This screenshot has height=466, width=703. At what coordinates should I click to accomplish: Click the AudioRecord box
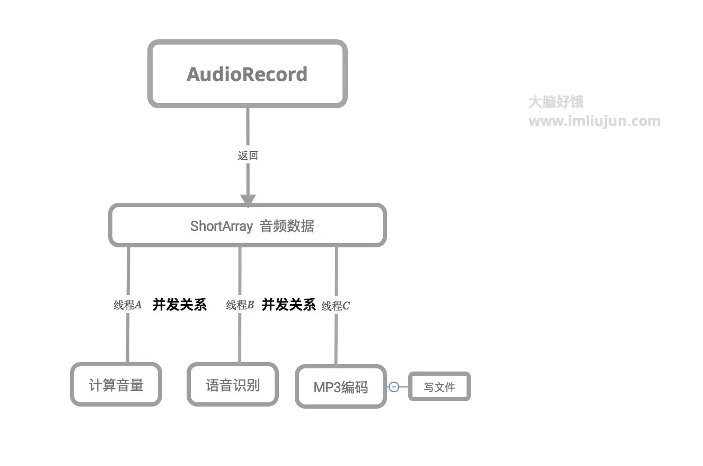point(247,74)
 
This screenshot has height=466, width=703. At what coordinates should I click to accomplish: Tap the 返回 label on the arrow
point(248,156)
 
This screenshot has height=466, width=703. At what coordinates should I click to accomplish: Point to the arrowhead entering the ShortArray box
point(248,200)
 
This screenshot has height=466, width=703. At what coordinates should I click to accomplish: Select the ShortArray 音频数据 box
point(248,226)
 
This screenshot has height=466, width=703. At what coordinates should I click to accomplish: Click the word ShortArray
point(221,226)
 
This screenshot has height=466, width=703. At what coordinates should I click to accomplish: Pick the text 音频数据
point(287,226)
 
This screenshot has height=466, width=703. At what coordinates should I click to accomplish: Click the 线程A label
point(128,305)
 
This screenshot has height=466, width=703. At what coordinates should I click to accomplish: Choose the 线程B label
point(240,305)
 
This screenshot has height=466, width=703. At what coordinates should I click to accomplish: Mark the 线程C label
point(336,306)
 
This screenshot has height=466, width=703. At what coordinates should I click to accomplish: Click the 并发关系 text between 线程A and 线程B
point(179,305)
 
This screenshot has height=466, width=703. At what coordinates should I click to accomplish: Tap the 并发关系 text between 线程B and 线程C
point(288,305)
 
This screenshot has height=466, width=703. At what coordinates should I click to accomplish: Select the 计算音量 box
point(116,385)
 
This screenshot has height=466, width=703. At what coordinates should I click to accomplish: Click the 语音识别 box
point(233,385)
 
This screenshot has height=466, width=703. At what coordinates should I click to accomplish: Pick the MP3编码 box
point(340,387)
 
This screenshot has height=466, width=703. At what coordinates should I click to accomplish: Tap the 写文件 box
point(440,387)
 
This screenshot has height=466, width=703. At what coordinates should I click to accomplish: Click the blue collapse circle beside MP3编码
point(394,387)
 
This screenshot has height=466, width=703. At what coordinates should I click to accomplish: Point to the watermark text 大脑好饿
point(556,102)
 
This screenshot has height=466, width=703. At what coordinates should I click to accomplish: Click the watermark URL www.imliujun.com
point(594,121)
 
